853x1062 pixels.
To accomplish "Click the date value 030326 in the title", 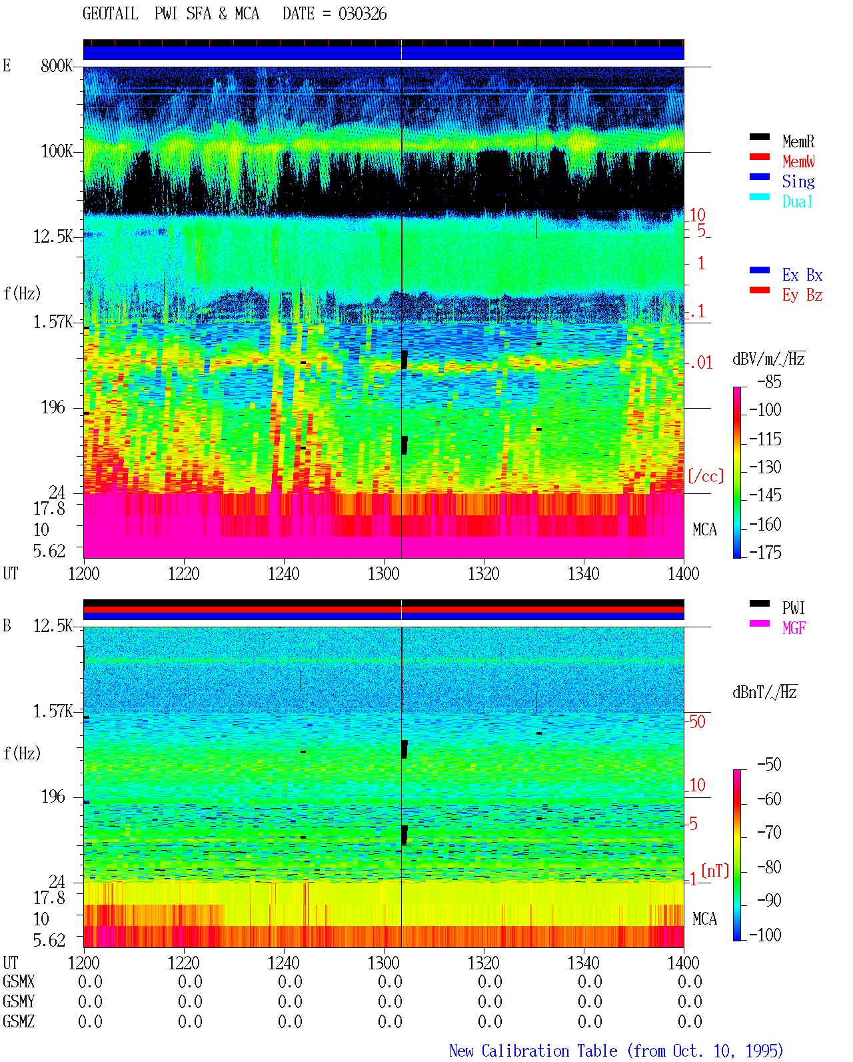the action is [x=363, y=14].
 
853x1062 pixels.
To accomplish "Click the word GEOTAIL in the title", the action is [x=111, y=14].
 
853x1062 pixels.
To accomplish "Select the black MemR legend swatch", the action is [x=759, y=137].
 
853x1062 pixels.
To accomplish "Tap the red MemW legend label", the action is [x=798, y=161].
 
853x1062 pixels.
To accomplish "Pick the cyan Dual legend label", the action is [x=798, y=201].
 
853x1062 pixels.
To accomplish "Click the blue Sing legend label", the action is [x=798, y=181].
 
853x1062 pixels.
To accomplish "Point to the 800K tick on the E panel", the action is [x=57, y=65].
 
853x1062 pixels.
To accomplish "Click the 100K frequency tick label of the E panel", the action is [x=57, y=151].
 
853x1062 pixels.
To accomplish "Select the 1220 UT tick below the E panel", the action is [x=183, y=573].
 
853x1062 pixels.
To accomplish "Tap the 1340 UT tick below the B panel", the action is [x=584, y=963].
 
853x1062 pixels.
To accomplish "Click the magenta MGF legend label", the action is [x=794, y=628].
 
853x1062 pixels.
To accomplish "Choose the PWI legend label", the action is [x=793, y=608].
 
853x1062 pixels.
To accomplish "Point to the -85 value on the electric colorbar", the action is [x=769, y=381].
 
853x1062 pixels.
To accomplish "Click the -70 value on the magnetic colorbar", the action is [x=769, y=832].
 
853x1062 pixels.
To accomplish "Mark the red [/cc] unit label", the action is [x=706, y=476].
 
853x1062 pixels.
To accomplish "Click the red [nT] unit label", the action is [x=715, y=871].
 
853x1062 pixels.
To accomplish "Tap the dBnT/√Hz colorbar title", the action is [x=765, y=693].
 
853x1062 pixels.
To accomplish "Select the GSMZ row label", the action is [x=19, y=1021].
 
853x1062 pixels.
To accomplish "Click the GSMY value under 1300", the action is [x=390, y=1002].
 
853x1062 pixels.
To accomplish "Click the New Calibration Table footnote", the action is [x=616, y=1051].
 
